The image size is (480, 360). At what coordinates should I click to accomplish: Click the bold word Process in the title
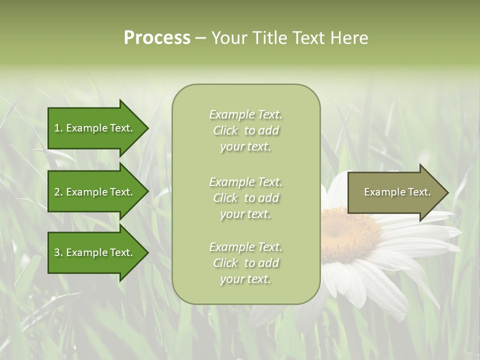click(157, 38)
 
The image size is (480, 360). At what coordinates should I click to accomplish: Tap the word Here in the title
click(348, 38)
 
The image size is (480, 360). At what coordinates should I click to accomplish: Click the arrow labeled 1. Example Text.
click(95, 128)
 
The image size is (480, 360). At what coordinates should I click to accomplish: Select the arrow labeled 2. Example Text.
click(95, 192)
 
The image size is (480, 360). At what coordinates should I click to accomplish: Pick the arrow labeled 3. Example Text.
click(95, 252)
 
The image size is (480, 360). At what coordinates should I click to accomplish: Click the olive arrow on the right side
click(395, 192)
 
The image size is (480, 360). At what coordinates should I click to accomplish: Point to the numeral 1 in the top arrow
click(57, 128)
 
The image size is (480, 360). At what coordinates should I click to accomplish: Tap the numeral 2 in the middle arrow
click(57, 192)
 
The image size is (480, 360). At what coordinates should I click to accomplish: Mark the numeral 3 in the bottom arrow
click(57, 252)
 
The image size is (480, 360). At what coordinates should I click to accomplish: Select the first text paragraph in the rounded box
click(245, 130)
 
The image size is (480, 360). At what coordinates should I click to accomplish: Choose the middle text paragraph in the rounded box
click(245, 198)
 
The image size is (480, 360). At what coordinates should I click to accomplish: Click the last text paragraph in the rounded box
click(245, 263)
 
